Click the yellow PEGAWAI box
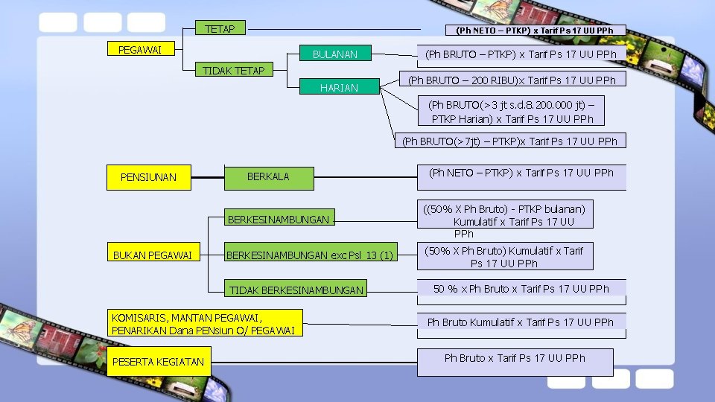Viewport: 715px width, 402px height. click(x=141, y=50)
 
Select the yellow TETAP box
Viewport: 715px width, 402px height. click(x=220, y=29)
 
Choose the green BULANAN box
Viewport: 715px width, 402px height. click(x=334, y=54)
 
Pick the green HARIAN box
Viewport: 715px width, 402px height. click(x=339, y=88)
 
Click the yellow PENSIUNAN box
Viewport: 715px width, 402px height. click(x=148, y=177)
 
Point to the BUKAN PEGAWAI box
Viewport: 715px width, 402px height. click(x=153, y=256)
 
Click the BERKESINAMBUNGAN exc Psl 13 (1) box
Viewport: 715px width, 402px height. click(x=309, y=256)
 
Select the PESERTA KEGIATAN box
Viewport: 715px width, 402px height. click(x=157, y=362)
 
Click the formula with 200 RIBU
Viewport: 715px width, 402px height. click(x=512, y=80)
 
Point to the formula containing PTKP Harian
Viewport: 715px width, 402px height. click(x=512, y=112)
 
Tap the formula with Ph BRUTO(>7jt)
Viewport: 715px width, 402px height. click(x=509, y=141)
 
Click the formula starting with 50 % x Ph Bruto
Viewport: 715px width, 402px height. click(x=521, y=289)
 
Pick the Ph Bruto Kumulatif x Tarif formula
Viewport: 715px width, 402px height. click(x=520, y=322)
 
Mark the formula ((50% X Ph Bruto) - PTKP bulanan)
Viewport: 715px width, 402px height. click(x=505, y=215)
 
